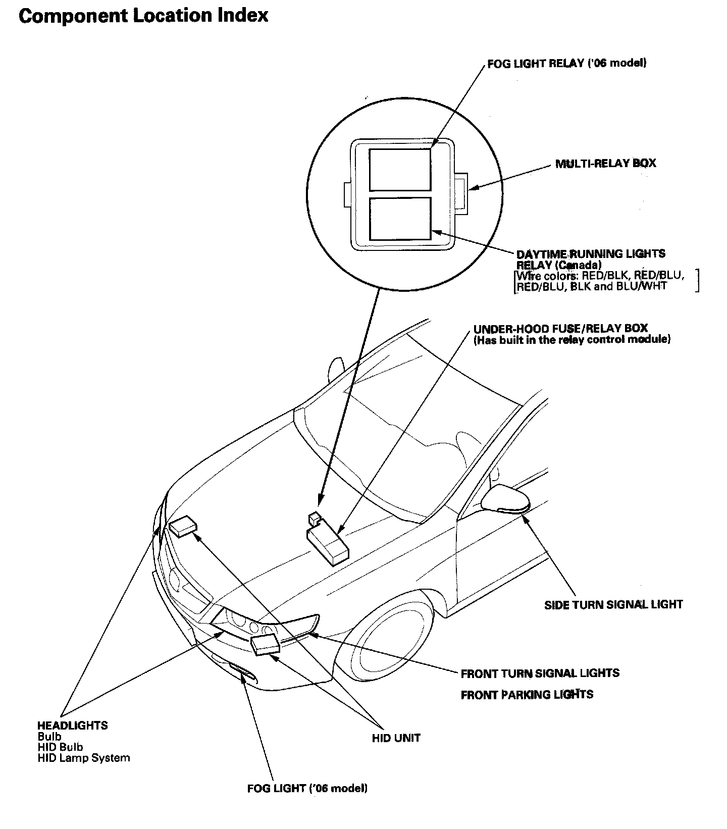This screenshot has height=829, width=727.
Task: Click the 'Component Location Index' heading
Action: click(143, 16)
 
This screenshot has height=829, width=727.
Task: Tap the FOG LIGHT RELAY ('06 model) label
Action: click(566, 64)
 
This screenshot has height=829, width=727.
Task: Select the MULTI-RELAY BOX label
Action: click(605, 164)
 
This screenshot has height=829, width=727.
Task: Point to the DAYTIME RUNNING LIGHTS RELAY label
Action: click(591, 259)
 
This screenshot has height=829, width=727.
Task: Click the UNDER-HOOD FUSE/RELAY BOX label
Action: click(560, 329)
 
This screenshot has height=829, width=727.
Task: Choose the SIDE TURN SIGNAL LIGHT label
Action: click(613, 604)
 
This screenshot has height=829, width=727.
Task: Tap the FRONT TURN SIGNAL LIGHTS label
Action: click(540, 673)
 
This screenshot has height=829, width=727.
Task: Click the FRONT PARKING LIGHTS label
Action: click(527, 695)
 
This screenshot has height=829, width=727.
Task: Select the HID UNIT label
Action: click(396, 738)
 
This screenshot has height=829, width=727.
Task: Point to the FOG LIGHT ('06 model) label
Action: click(307, 788)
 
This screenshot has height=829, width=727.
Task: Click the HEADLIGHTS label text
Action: click(72, 726)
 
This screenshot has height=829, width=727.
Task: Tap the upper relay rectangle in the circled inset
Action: click(399, 169)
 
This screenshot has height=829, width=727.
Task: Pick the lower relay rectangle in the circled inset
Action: click(399, 218)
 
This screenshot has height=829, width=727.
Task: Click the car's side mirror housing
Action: click(505, 498)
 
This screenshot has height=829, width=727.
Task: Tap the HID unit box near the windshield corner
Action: click(183, 526)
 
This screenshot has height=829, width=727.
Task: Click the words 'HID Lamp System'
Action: click(83, 758)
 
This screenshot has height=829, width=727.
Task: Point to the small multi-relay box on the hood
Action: click(314, 517)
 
